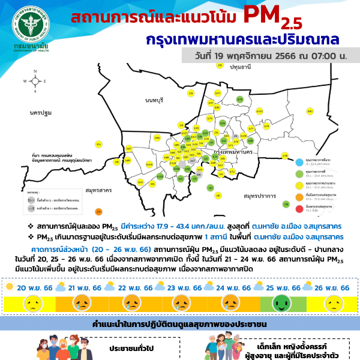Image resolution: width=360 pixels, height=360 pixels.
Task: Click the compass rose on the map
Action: click(35, 80)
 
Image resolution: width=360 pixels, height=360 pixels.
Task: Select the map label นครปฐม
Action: click(41, 113)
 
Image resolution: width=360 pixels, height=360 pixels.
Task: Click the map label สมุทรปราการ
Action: click(258, 196)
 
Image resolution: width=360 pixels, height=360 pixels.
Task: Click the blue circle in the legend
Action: click(299, 160)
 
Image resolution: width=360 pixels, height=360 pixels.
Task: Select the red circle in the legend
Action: click(299, 208)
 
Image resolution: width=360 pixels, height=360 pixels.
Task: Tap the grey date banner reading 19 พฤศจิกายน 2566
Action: click(271, 56)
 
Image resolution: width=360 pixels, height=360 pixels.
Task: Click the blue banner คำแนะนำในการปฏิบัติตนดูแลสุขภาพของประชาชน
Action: click(180, 325)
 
